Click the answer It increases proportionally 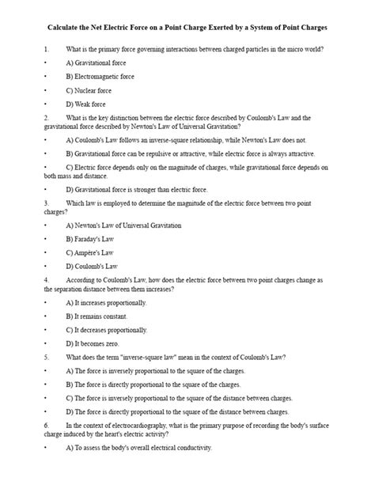tap(107, 303)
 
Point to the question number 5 tap(47, 358)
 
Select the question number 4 tap(47, 280)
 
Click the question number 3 tap(47, 203)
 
